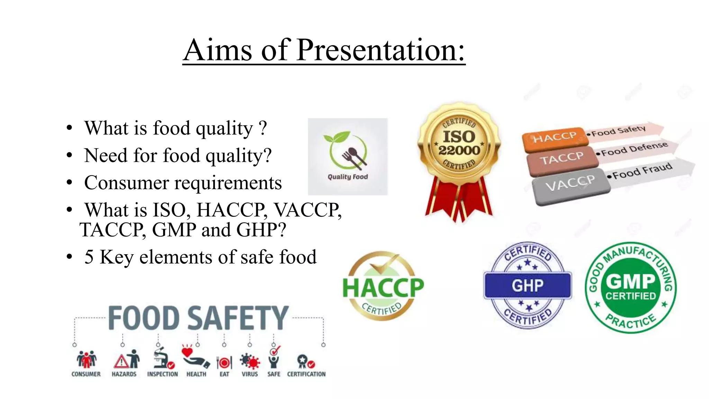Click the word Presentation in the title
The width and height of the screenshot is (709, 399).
(x=380, y=50)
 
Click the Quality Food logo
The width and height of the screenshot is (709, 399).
(x=348, y=157)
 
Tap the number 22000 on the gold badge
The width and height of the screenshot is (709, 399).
(x=459, y=150)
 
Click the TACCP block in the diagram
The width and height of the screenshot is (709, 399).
(x=562, y=159)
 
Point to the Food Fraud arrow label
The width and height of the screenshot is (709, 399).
(x=642, y=171)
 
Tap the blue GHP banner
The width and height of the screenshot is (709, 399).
(x=527, y=286)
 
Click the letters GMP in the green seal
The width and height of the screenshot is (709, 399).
(x=630, y=281)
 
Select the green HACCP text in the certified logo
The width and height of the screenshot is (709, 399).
(x=383, y=287)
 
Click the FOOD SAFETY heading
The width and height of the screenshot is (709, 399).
(x=198, y=318)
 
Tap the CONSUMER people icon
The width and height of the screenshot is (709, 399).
(x=86, y=360)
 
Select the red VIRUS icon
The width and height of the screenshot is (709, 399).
(x=250, y=361)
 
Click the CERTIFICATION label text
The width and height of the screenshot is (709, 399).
(x=306, y=374)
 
